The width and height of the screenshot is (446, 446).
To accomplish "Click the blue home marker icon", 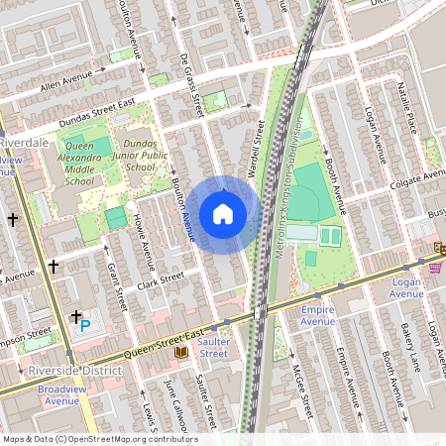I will point(223,214).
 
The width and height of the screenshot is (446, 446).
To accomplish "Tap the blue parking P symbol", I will point(84,324).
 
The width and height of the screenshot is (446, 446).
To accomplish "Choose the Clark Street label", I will point(162,280).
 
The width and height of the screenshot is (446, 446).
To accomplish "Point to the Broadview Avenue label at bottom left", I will point(67,395).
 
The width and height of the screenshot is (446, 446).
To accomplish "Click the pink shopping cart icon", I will point(435,268).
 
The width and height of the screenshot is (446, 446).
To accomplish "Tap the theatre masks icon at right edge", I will point(439,246).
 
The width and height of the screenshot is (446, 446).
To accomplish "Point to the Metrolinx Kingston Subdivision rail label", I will point(286,193).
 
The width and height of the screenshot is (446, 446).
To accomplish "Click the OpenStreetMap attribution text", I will point(99,439).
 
